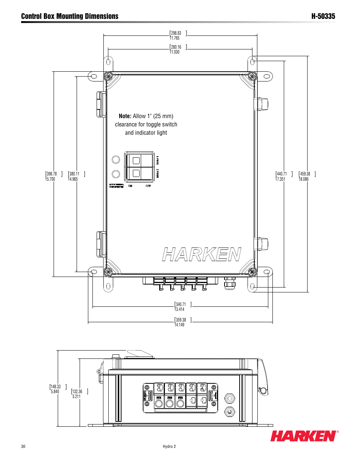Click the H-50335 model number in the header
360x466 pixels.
(x=323, y=16)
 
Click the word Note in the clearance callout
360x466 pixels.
(x=125, y=116)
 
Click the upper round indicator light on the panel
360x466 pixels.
(x=116, y=160)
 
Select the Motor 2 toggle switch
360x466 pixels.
(x=136, y=173)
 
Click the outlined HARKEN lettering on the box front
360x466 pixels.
(x=202, y=255)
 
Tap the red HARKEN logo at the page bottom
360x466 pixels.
(x=303, y=436)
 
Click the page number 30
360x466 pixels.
(x=23, y=446)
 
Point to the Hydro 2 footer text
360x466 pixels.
(x=169, y=446)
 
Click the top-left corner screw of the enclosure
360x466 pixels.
(x=108, y=76)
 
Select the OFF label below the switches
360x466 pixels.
(x=148, y=186)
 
